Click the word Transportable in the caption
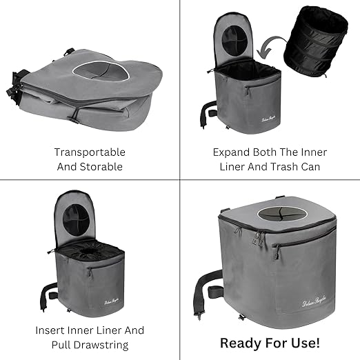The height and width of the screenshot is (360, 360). [x=90, y=152]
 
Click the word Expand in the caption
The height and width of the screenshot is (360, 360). [x=230, y=152]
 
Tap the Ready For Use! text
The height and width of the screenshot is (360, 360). [x=270, y=342]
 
